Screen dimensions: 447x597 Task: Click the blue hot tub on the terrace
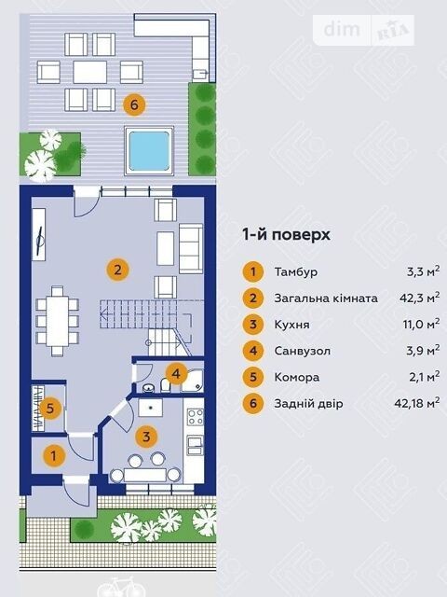[x=149, y=151]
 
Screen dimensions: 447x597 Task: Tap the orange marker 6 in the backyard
[x=134, y=104]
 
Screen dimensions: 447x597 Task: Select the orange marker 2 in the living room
[x=118, y=270]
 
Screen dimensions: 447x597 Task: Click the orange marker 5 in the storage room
[x=49, y=409]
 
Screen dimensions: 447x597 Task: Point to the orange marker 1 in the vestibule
[x=54, y=456]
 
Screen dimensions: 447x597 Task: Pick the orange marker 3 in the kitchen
[x=146, y=437]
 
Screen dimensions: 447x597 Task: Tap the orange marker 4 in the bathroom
[x=176, y=373]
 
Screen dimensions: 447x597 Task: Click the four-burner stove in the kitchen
[x=196, y=417]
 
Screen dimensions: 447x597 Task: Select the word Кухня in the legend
[x=291, y=325]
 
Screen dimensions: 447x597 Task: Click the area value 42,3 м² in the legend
[x=420, y=298]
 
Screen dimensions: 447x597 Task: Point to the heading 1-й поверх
[x=286, y=234]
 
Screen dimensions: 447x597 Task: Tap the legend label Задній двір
[x=308, y=403]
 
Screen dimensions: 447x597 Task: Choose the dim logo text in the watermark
[x=342, y=29]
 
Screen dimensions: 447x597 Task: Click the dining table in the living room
[x=58, y=321]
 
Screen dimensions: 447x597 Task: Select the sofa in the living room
[x=191, y=249]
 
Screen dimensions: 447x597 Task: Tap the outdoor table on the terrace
[x=90, y=72]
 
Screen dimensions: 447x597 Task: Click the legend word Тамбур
[x=296, y=272]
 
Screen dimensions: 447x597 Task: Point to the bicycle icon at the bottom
[x=117, y=587]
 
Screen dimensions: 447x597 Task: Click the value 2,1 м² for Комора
[x=425, y=377]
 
